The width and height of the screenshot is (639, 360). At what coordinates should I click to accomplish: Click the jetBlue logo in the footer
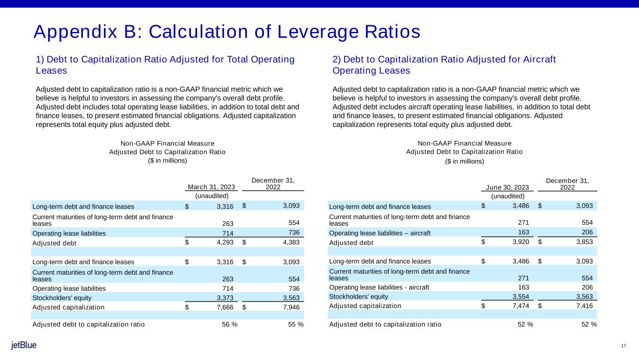click(24, 345)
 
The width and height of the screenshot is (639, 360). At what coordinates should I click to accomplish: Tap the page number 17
click(623, 346)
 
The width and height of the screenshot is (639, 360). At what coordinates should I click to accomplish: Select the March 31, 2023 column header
click(212, 187)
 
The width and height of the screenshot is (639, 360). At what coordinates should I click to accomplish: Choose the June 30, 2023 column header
click(508, 187)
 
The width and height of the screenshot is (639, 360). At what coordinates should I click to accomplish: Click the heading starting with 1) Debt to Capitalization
click(165, 65)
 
